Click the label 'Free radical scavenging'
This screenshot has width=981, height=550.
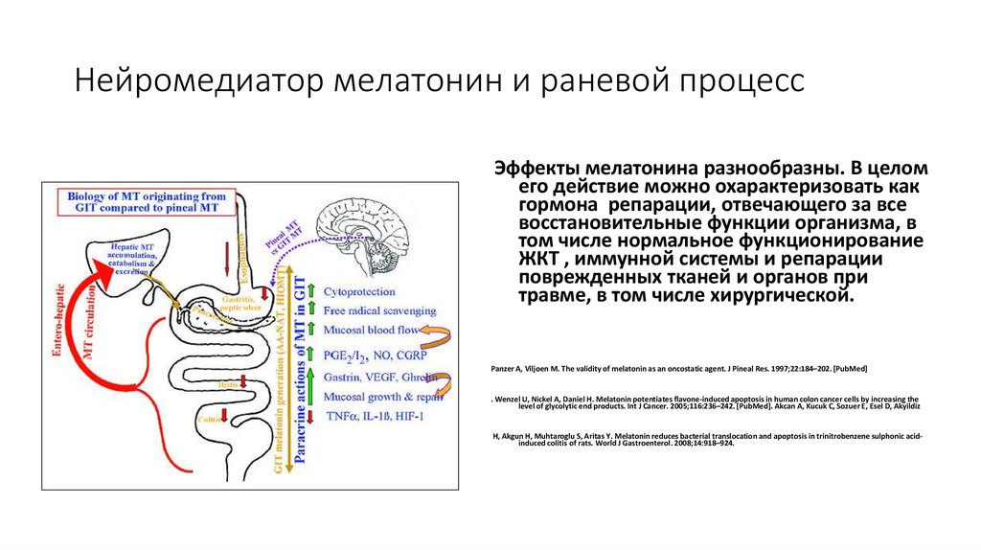(379, 310)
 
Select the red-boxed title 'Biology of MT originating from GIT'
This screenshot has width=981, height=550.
(142, 201)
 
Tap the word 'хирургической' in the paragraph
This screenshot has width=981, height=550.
(790, 296)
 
